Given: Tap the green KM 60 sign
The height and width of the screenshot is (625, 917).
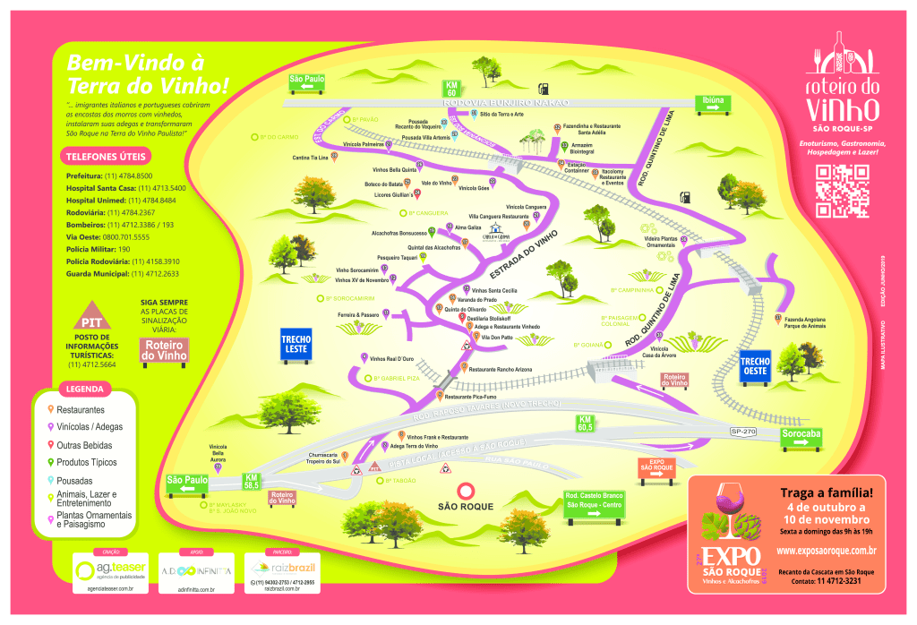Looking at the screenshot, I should (452, 88).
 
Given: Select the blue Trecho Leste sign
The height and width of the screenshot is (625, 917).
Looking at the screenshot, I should (296, 345).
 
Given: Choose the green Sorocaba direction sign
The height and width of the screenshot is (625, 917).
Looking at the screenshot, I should (801, 436).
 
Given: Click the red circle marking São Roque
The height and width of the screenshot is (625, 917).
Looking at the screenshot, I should (466, 491).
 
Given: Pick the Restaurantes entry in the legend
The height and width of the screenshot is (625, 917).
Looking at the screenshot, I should (81, 409).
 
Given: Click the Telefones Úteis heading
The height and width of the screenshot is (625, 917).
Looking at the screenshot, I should (99, 157).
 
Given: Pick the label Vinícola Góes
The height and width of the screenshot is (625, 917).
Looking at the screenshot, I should (473, 188).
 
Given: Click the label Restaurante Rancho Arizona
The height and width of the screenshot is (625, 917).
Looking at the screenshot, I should (501, 369).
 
